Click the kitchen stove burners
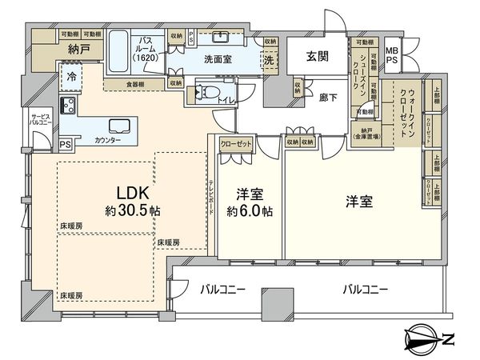[66, 106]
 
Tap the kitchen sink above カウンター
[119, 126]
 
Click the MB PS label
[394, 53]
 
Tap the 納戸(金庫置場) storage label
[367, 135]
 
